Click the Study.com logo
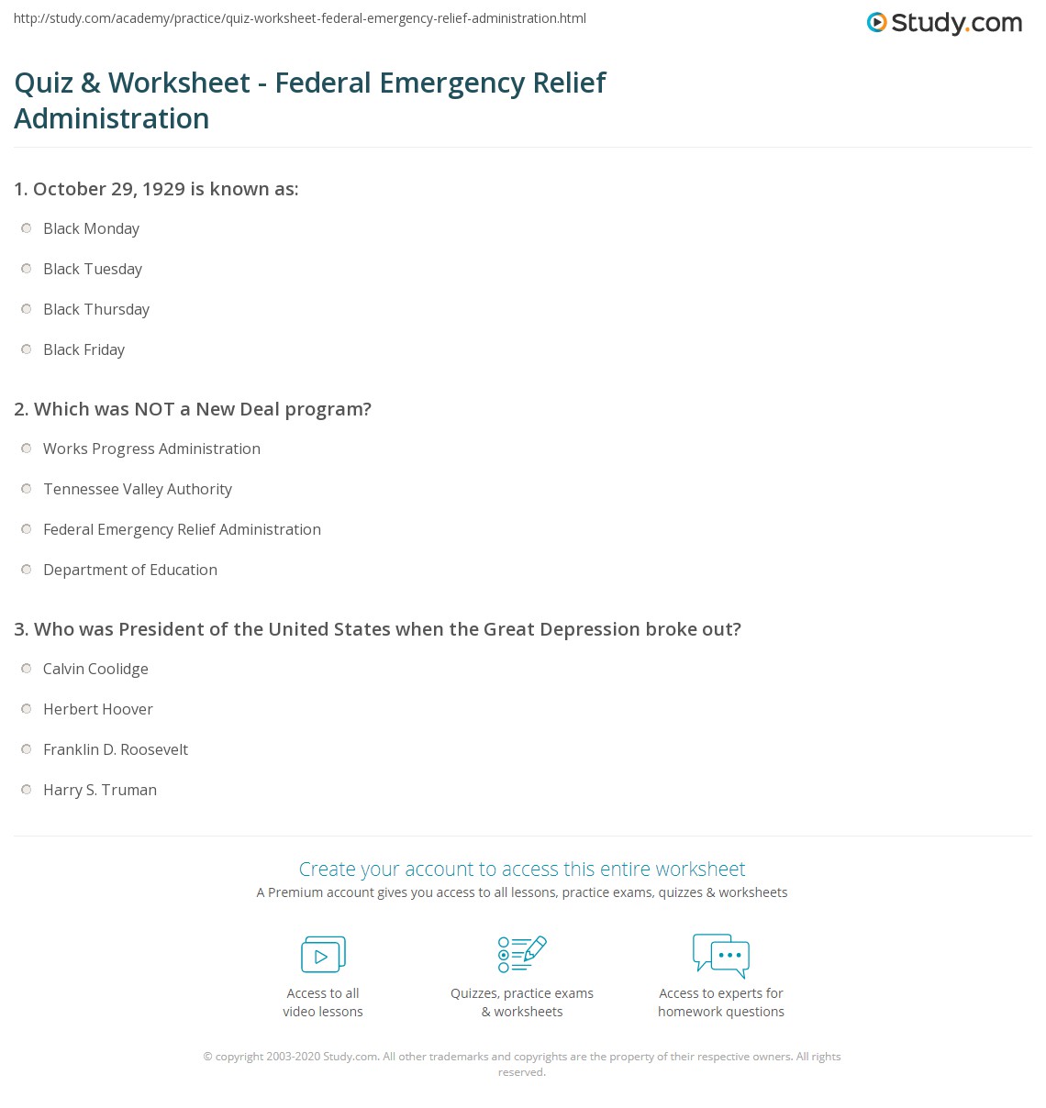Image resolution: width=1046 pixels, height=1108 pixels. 944,22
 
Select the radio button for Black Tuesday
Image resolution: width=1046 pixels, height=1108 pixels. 27,269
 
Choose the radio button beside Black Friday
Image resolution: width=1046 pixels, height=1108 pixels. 27,349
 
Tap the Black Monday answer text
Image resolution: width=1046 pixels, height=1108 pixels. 91,228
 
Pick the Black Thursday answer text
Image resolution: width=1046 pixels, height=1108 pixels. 96,309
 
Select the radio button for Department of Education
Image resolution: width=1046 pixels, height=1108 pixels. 27,570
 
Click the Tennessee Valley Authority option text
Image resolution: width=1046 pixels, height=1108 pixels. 138,489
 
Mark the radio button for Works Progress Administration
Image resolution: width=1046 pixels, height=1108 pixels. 27,449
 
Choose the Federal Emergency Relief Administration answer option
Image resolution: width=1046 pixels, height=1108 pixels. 182,529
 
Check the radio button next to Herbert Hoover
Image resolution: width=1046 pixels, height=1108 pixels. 27,709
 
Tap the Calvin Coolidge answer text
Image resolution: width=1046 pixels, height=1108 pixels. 95,669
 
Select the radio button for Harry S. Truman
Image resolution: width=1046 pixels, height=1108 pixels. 27,790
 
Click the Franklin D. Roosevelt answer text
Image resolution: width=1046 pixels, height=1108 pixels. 116,749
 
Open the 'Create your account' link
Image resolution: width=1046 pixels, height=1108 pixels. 522,869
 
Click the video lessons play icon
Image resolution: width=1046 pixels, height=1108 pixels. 323,955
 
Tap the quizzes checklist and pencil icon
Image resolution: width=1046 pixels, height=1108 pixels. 522,954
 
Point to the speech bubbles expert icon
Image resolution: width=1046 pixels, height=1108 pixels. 721,954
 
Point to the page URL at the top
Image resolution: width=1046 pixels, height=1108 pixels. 300,18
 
